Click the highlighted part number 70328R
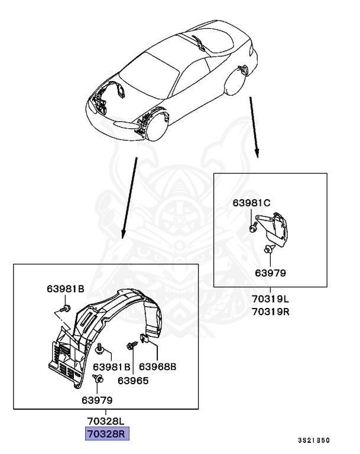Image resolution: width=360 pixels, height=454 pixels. (x=106, y=434)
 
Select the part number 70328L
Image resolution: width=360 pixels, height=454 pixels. (x=105, y=421)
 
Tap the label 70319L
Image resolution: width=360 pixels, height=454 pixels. (x=270, y=299)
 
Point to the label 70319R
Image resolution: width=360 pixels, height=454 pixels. (x=270, y=312)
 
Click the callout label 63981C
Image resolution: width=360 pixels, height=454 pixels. (x=251, y=203)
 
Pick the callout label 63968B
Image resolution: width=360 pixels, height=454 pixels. (x=158, y=367)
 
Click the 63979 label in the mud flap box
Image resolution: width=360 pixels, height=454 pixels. (x=270, y=273)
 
